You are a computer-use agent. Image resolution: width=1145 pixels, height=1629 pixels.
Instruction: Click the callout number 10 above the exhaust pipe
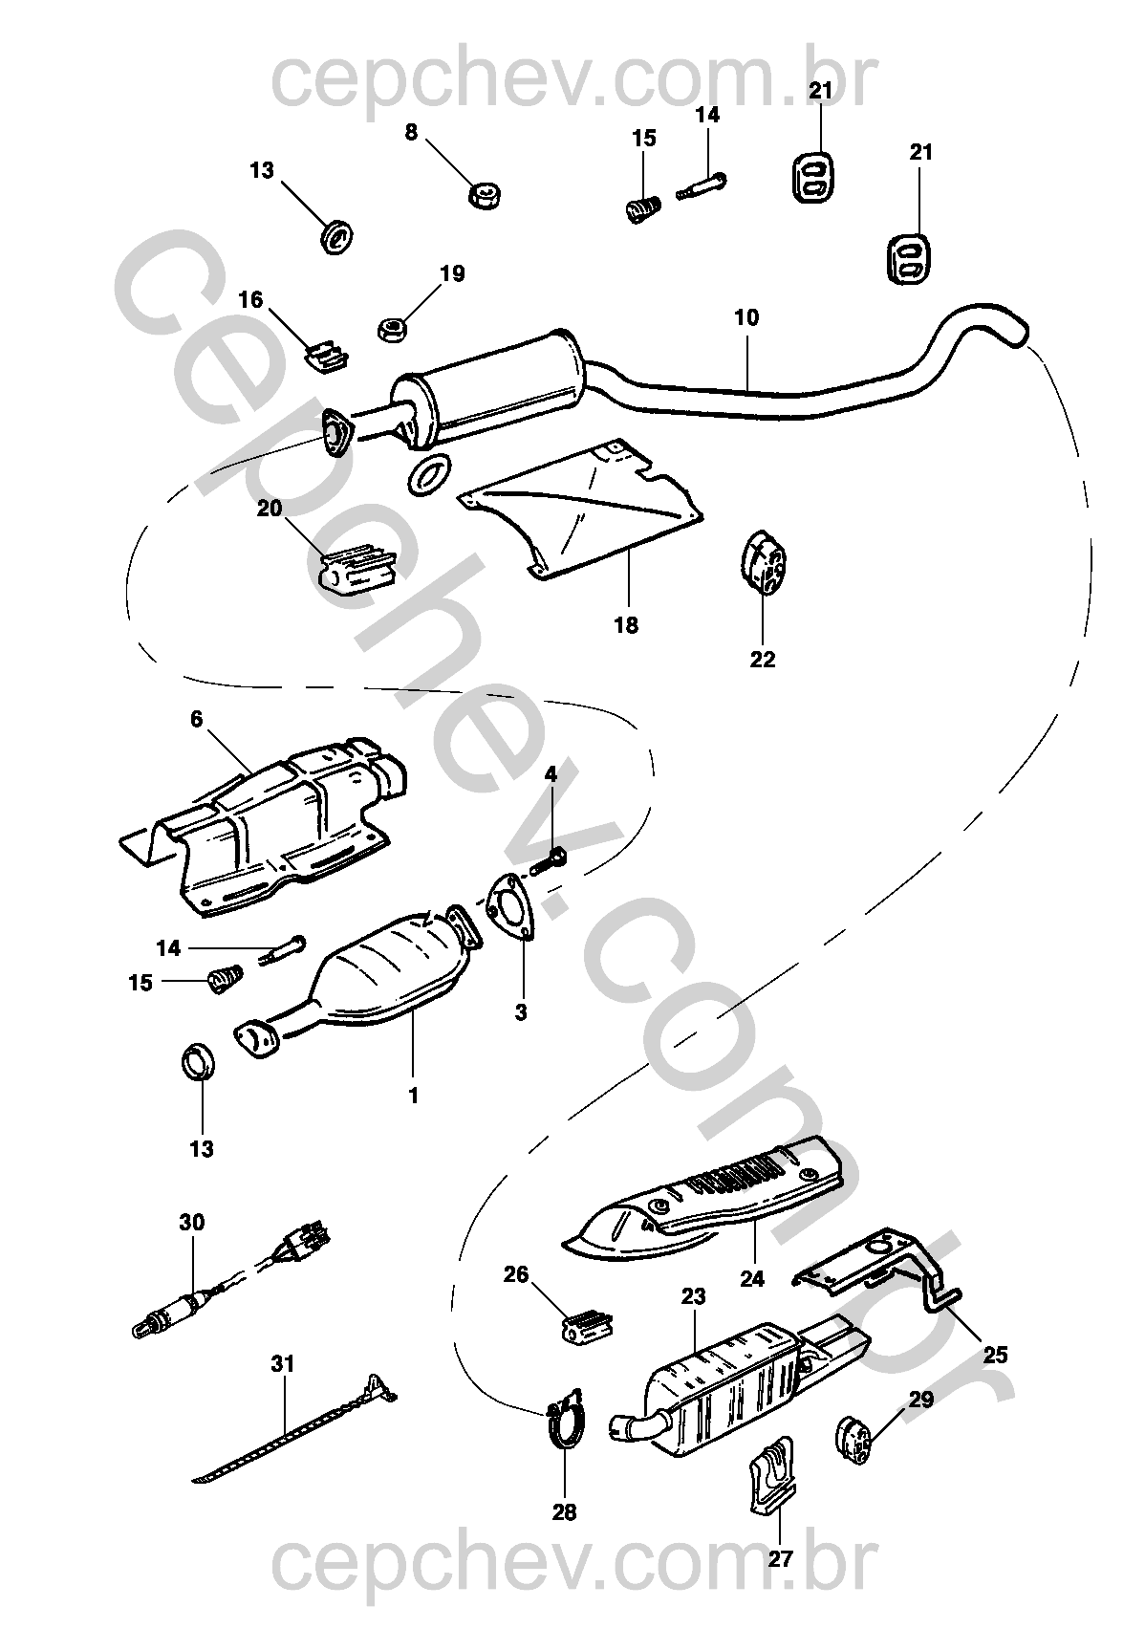[746, 318]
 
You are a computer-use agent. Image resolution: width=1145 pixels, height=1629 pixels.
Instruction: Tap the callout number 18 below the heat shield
[626, 625]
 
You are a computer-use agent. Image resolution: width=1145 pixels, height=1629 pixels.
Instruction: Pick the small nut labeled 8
[486, 197]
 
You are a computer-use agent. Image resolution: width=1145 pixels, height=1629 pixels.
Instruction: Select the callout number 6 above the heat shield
[197, 718]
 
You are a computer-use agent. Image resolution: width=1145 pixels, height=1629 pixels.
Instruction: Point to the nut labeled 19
[393, 329]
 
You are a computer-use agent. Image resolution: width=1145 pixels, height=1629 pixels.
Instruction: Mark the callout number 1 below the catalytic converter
[414, 1097]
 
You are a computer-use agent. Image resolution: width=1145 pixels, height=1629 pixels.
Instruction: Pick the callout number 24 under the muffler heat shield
[752, 1278]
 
